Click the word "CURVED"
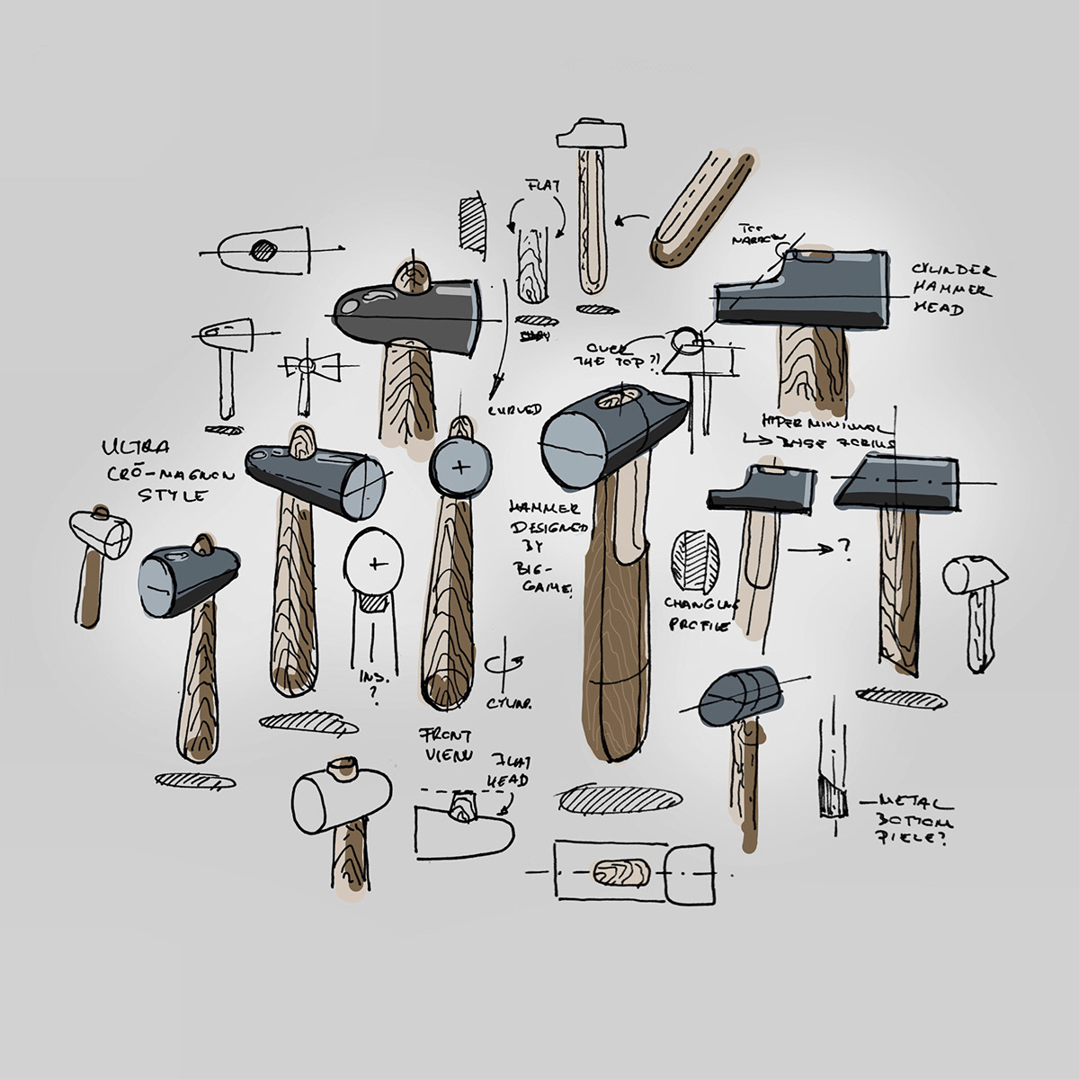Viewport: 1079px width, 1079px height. [x=515, y=409]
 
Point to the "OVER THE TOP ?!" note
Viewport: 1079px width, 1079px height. [x=623, y=355]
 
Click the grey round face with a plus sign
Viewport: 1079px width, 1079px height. [x=459, y=467]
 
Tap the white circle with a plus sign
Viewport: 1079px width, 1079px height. [x=376, y=563]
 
